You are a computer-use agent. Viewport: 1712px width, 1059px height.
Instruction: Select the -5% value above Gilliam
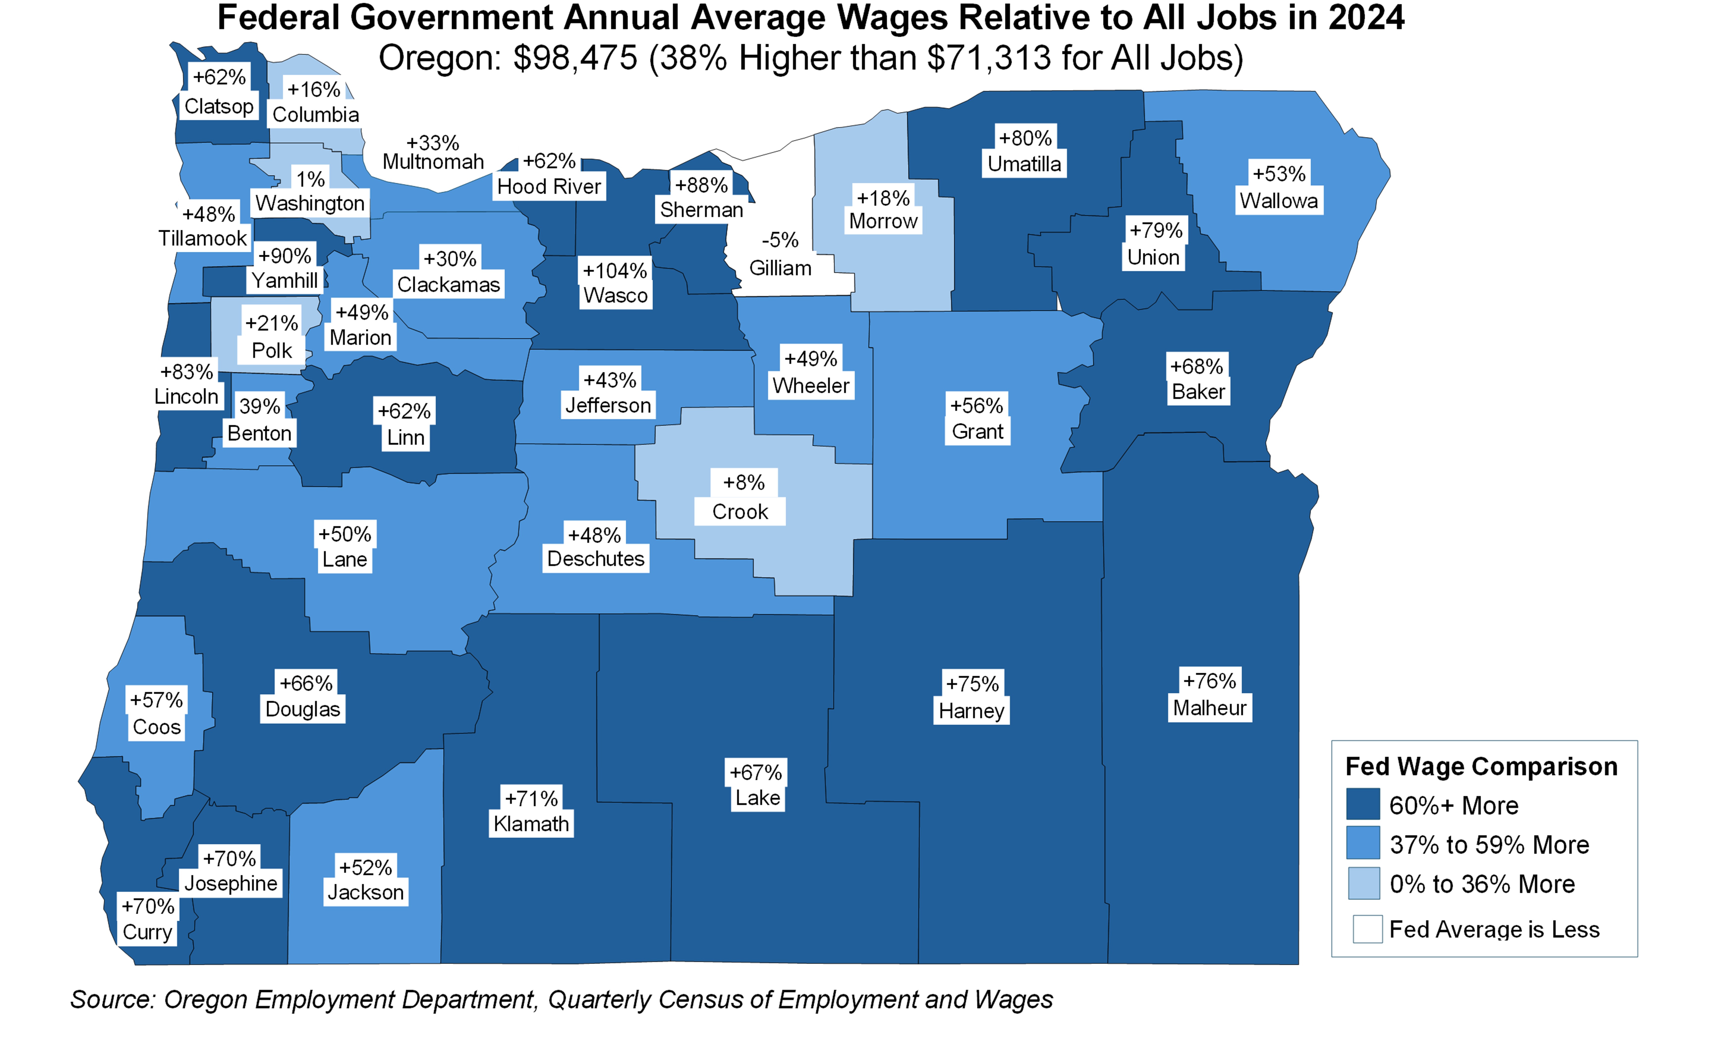(780, 240)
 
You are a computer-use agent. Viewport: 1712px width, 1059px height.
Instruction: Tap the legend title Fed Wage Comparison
(1481, 766)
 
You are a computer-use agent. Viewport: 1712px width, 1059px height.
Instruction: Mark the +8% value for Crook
(744, 482)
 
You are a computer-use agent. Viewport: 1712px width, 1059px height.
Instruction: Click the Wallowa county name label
(1279, 201)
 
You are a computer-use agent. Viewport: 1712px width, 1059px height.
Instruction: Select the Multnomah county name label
(433, 162)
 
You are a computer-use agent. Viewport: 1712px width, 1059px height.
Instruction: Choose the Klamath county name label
(531, 824)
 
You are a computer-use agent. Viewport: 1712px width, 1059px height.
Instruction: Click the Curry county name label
(147, 932)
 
